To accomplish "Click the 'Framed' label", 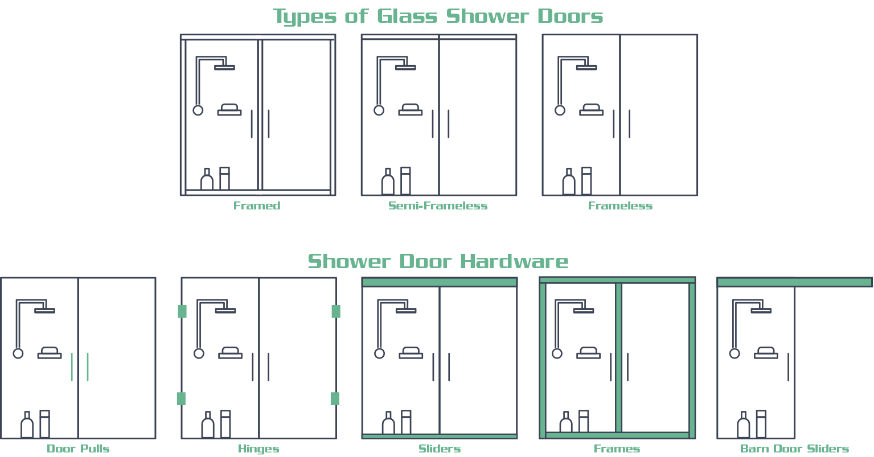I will pyautogui.click(x=257, y=206).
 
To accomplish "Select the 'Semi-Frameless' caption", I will pyautogui.click(x=438, y=206).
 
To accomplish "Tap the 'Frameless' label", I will pyautogui.click(x=620, y=206).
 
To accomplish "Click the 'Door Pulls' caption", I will pyautogui.click(x=78, y=449).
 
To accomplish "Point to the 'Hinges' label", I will pyautogui.click(x=258, y=449).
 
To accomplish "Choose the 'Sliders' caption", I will pyautogui.click(x=440, y=449).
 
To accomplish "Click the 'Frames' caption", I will pyautogui.click(x=617, y=449).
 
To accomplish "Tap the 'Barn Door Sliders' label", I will pyautogui.click(x=794, y=449).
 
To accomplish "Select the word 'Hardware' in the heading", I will pyautogui.click(x=514, y=262).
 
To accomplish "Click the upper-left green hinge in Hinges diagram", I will pyautogui.click(x=182, y=311).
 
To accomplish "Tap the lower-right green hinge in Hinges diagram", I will pyautogui.click(x=335, y=398).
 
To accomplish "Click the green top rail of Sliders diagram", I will pyautogui.click(x=440, y=282).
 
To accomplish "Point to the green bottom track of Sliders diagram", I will pyautogui.click(x=440, y=437).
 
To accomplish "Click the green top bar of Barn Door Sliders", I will pyautogui.click(x=794, y=282).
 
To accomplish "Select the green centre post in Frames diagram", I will pyautogui.click(x=618, y=357).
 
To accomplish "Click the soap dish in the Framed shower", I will pyautogui.click(x=229, y=110).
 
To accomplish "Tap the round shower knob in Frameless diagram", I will pyautogui.click(x=560, y=110).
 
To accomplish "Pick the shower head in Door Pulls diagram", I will pyautogui.click(x=44, y=311).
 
